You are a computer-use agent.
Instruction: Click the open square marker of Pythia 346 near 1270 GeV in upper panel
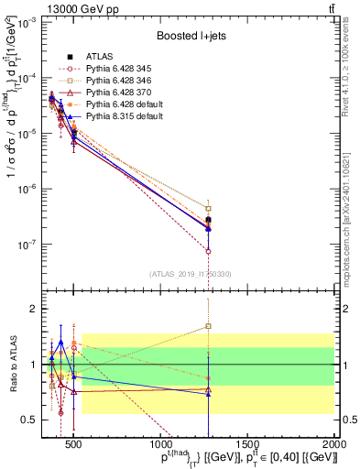[208, 209]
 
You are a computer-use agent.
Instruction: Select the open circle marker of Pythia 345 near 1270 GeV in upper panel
[208, 251]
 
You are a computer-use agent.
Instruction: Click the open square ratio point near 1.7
[208, 326]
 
